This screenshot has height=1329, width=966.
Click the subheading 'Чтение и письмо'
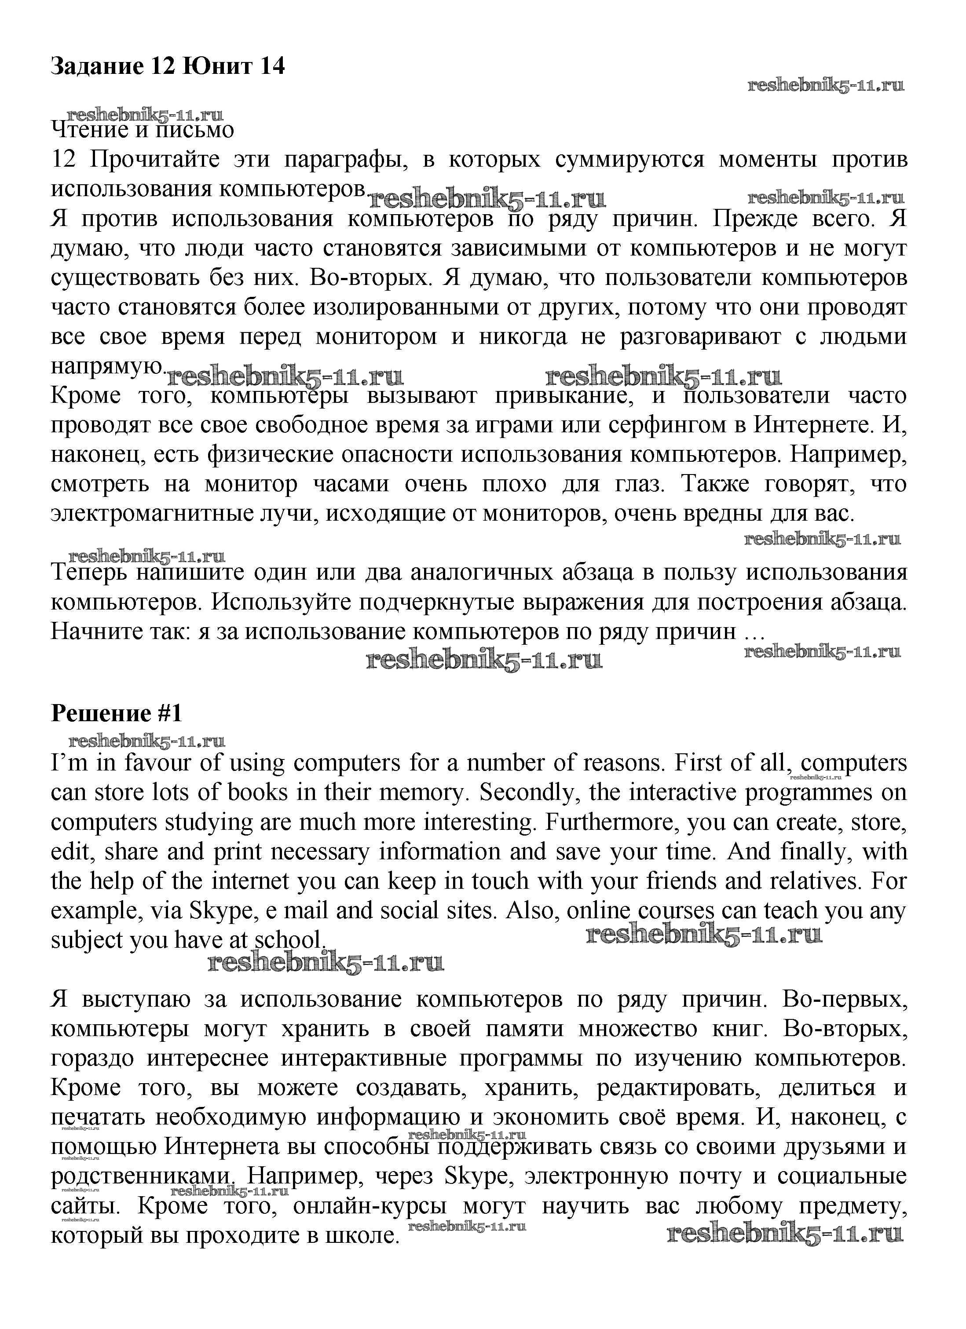click(143, 129)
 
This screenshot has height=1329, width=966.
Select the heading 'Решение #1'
click(117, 713)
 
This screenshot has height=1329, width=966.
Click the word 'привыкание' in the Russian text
click(562, 395)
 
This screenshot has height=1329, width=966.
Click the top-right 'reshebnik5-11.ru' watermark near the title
click(826, 86)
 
